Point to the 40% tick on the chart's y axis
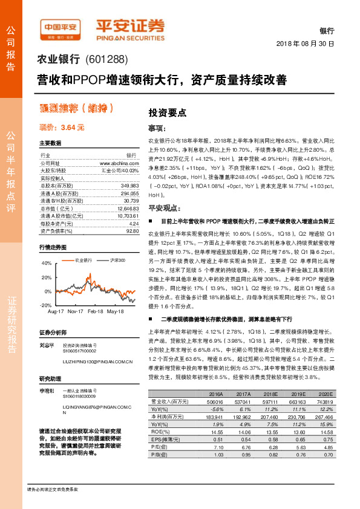tap(46, 263)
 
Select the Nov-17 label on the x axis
tap(76, 312)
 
